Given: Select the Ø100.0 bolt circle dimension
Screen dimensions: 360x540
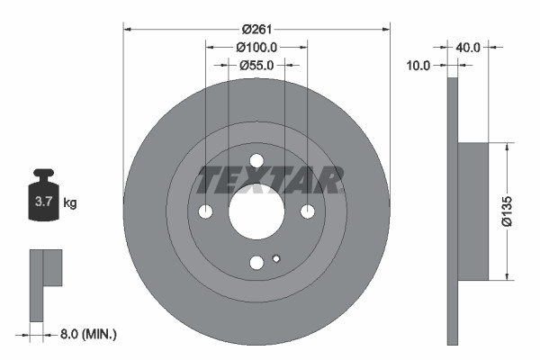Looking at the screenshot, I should coord(256,47).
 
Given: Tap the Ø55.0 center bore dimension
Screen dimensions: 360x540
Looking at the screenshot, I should coord(256,65).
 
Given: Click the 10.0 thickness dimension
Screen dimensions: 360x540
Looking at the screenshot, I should coord(419,65).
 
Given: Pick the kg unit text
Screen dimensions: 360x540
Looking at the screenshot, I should coord(70,203).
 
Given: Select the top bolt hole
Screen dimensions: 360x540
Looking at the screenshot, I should coord(256,161).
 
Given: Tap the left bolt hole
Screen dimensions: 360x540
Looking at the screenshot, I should coord(206,211).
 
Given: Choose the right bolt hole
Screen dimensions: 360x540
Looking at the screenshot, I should coord(308,211).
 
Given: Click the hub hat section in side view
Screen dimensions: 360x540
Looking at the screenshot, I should coord(473,211).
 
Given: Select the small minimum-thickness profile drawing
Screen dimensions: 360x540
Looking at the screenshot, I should coord(45,279).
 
